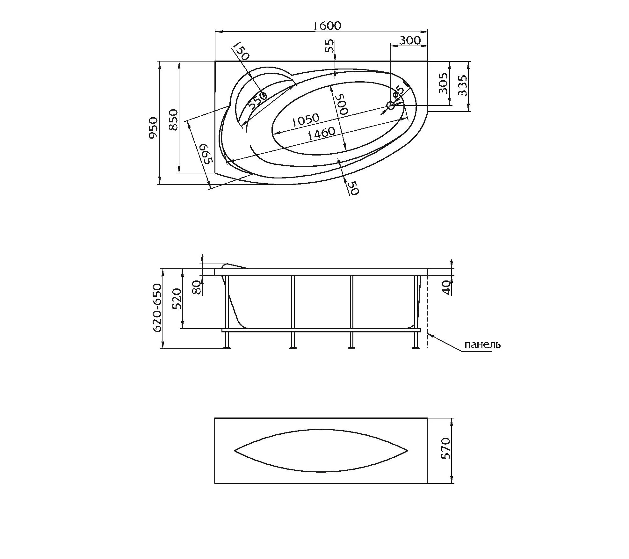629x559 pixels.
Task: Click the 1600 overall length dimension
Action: tap(327, 26)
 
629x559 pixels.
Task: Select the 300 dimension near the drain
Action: tap(410, 40)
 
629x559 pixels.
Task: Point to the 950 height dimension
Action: tap(153, 128)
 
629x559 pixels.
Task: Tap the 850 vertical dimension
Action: tap(173, 120)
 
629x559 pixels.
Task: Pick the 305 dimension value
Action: tap(443, 83)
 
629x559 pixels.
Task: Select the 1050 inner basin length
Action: tap(305, 120)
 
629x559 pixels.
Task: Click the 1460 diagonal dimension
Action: tap(321, 133)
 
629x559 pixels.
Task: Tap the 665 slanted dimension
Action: tap(206, 154)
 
